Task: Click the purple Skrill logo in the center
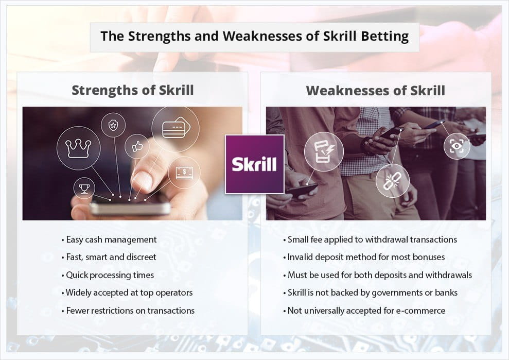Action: click(x=254, y=164)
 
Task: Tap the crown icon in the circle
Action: click(x=78, y=148)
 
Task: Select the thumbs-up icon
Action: click(x=137, y=147)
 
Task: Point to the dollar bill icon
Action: click(x=184, y=173)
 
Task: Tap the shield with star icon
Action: click(x=113, y=125)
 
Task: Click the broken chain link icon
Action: click(x=392, y=181)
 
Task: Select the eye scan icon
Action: click(x=457, y=146)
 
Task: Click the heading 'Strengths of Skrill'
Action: click(x=133, y=90)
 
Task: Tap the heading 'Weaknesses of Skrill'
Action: click(x=376, y=90)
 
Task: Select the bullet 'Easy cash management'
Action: click(x=109, y=240)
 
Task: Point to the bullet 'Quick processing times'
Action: click(x=108, y=275)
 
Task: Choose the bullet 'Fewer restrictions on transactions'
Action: click(x=128, y=311)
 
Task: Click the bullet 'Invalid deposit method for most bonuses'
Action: click(x=364, y=258)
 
